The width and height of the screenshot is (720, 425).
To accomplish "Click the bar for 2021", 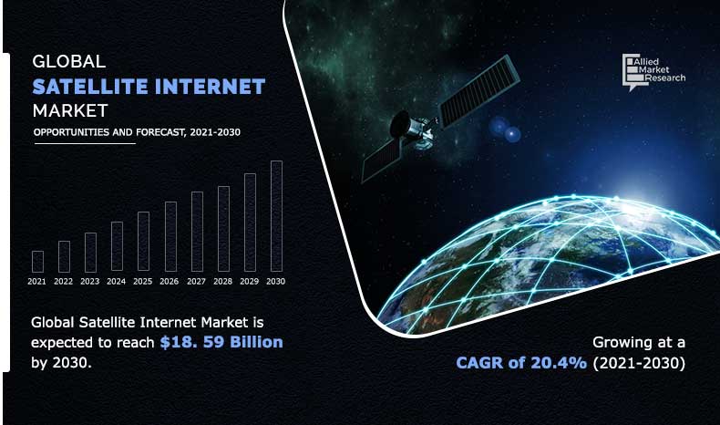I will tap(37, 262).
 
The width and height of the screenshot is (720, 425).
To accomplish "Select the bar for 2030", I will tap(276, 217).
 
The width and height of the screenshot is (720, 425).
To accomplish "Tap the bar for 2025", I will tap(143, 242).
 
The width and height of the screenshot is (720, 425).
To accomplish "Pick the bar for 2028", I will tap(223, 229).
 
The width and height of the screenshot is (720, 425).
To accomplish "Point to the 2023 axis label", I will tap(89, 282).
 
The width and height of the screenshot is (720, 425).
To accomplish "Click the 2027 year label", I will tap(196, 282).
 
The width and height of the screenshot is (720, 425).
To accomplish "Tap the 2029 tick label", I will tap(250, 282).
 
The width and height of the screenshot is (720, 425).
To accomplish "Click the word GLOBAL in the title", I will tap(69, 63).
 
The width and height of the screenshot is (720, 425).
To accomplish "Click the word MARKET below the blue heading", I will tap(69, 111).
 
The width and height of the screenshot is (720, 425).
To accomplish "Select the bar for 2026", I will tap(170, 237).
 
